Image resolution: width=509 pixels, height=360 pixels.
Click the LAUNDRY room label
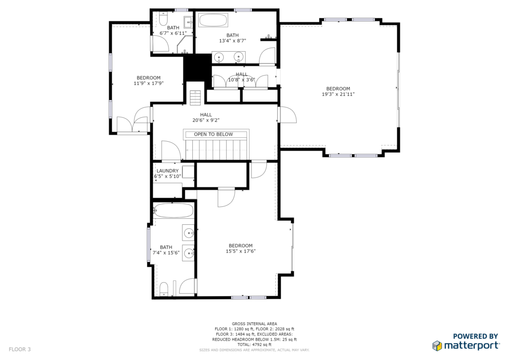pos(168,171)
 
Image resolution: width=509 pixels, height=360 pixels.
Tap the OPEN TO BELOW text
pos(213,134)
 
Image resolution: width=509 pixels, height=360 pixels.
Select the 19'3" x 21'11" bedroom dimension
pos(338,94)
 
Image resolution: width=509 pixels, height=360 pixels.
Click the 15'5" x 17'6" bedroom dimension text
pos(241,251)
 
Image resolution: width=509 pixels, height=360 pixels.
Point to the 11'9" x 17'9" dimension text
pos(148,83)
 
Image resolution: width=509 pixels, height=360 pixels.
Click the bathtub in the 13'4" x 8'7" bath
pos(213,20)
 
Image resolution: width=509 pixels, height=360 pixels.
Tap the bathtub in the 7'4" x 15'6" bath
pos(173,210)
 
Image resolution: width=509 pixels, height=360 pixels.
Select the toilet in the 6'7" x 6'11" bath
pos(163,19)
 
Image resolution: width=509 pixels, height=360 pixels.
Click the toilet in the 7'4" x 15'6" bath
pos(164,289)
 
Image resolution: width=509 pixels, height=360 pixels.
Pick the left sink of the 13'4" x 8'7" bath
pos(220,58)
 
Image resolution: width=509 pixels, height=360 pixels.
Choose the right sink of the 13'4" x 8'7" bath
pos(239,58)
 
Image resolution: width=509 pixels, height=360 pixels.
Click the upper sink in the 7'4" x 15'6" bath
pos(189,233)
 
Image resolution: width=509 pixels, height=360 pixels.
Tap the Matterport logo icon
pos(437,346)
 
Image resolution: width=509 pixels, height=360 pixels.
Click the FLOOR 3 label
pos(19,349)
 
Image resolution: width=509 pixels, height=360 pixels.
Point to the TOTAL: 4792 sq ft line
pos(254,345)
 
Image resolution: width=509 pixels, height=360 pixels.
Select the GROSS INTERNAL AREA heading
pos(254,324)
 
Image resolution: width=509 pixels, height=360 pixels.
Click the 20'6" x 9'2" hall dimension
pos(206,120)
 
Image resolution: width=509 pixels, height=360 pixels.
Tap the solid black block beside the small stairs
pos(197,68)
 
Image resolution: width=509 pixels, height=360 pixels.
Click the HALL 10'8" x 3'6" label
pos(242,77)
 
